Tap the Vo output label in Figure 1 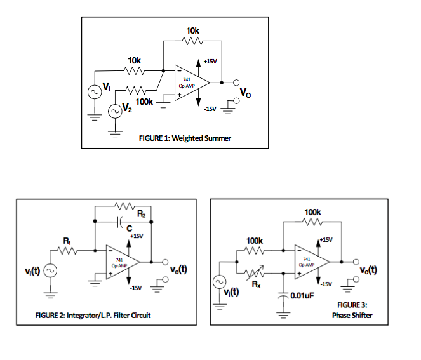tap(245, 93)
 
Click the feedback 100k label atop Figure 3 tap(312, 211)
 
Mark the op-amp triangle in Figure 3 tap(309, 261)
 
